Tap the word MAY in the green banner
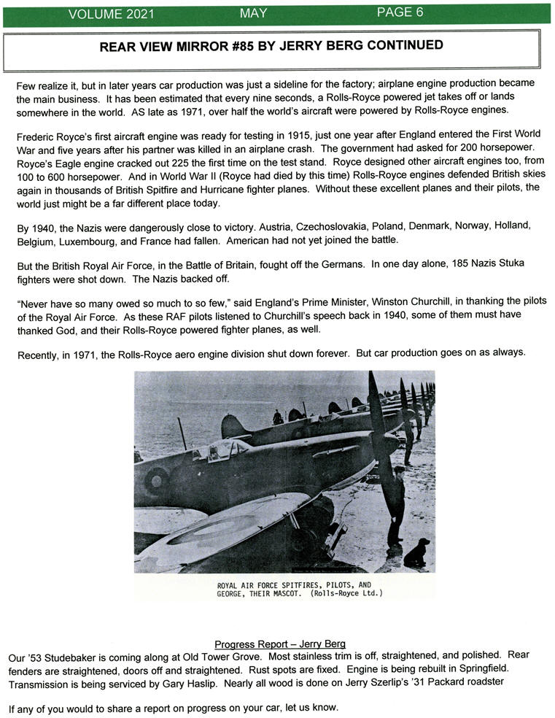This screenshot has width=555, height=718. (x=253, y=13)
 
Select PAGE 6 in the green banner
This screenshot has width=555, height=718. (x=400, y=12)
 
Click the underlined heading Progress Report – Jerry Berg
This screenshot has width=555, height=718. (x=279, y=644)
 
